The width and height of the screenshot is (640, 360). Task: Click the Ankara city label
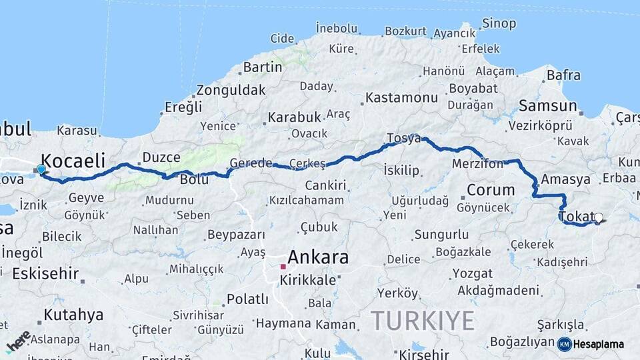(x=318, y=257)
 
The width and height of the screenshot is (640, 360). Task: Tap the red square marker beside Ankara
(x=283, y=267)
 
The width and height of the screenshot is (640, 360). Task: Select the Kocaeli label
(x=73, y=160)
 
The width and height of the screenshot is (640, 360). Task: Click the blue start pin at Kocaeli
(x=41, y=169)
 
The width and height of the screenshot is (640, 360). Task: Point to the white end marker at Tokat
(x=598, y=217)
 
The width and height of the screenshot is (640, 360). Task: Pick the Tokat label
(x=576, y=217)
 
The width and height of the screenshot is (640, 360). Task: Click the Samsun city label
(x=547, y=105)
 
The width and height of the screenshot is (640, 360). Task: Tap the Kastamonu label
(x=401, y=97)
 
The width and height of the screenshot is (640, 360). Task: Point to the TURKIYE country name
(x=422, y=321)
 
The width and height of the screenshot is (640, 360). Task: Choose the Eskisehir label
(x=45, y=273)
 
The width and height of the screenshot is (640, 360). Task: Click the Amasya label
(x=565, y=179)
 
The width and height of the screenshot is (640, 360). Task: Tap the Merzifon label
(x=477, y=163)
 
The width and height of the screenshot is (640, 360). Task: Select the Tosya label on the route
(x=403, y=138)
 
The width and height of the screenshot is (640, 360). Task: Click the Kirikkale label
(x=307, y=280)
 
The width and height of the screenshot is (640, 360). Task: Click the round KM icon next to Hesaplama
(x=564, y=344)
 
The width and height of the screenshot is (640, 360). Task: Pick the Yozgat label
(x=472, y=273)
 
